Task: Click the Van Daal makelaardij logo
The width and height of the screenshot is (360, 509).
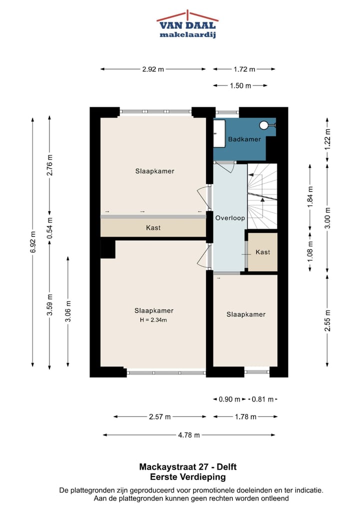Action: click(187, 24)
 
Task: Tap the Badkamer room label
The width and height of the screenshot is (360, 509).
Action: click(244, 139)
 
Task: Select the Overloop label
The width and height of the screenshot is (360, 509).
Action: click(230, 218)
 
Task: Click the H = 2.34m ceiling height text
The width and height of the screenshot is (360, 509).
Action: click(153, 320)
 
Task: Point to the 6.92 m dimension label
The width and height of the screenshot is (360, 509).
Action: click(33, 242)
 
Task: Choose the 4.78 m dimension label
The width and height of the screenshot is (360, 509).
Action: click(189, 435)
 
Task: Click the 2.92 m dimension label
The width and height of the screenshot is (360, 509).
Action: click(153, 69)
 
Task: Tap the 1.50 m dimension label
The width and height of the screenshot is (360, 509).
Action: click(240, 85)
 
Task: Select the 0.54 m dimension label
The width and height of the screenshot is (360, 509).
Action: click(49, 228)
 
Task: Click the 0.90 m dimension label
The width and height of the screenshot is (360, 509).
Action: click(229, 399)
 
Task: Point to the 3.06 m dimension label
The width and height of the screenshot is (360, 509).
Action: click(68, 311)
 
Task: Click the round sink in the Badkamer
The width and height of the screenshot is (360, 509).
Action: click(264, 125)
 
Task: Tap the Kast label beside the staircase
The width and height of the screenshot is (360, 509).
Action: click(262, 252)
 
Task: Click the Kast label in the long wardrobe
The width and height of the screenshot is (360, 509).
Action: click(153, 228)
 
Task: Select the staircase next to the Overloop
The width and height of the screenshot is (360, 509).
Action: click(262, 196)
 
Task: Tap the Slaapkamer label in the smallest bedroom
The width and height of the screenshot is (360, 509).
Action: click(246, 314)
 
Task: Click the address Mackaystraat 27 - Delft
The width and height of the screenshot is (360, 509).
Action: click(188, 467)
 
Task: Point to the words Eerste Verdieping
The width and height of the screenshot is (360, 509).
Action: click(188, 477)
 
